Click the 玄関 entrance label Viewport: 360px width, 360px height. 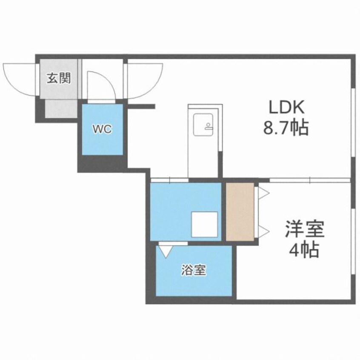pos(58,79)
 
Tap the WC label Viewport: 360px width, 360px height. pos(103,130)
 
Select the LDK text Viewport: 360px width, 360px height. pos(286,108)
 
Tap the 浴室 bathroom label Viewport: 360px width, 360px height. pos(194,271)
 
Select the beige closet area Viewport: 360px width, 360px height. pos(240,211)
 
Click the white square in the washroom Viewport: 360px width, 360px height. pos(204,224)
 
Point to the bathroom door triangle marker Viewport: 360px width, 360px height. pos(164,250)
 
